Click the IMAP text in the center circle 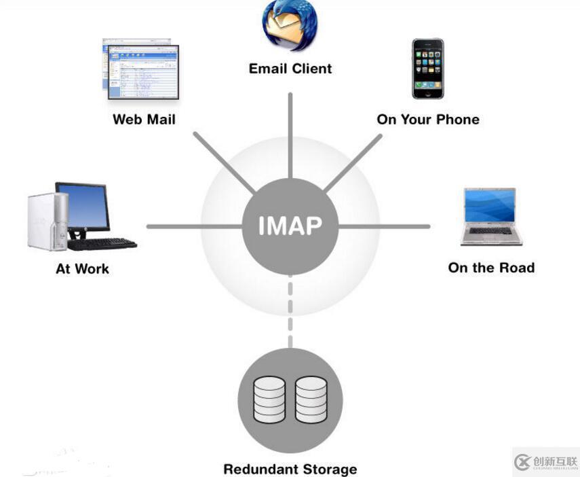pyautogui.click(x=290, y=226)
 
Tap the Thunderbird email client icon pyautogui.click(x=290, y=26)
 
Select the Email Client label pyautogui.click(x=290, y=69)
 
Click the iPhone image pyautogui.click(x=427, y=69)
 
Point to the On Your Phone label pyautogui.click(x=428, y=120)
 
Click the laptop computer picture pyautogui.click(x=491, y=216)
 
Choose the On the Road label pyautogui.click(x=491, y=268)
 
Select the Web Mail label pyautogui.click(x=144, y=120)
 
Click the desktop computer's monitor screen pyautogui.click(x=83, y=206)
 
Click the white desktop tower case pyautogui.click(x=47, y=221)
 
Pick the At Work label pyautogui.click(x=82, y=269)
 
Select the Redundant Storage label pyautogui.click(x=290, y=469)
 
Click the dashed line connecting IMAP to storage pyautogui.click(x=290, y=313)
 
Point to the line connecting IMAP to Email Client pyautogui.click(x=290, y=136)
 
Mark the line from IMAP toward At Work pyautogui.click(x=193, y=226)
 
